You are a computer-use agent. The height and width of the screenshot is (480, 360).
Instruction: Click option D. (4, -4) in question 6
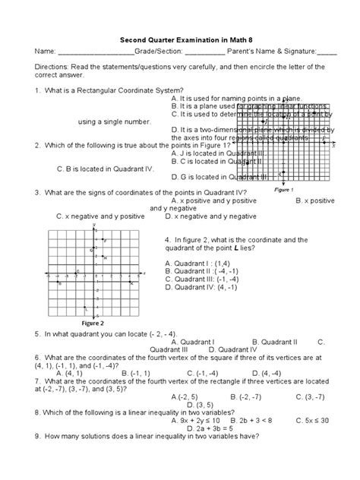[282, 373]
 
